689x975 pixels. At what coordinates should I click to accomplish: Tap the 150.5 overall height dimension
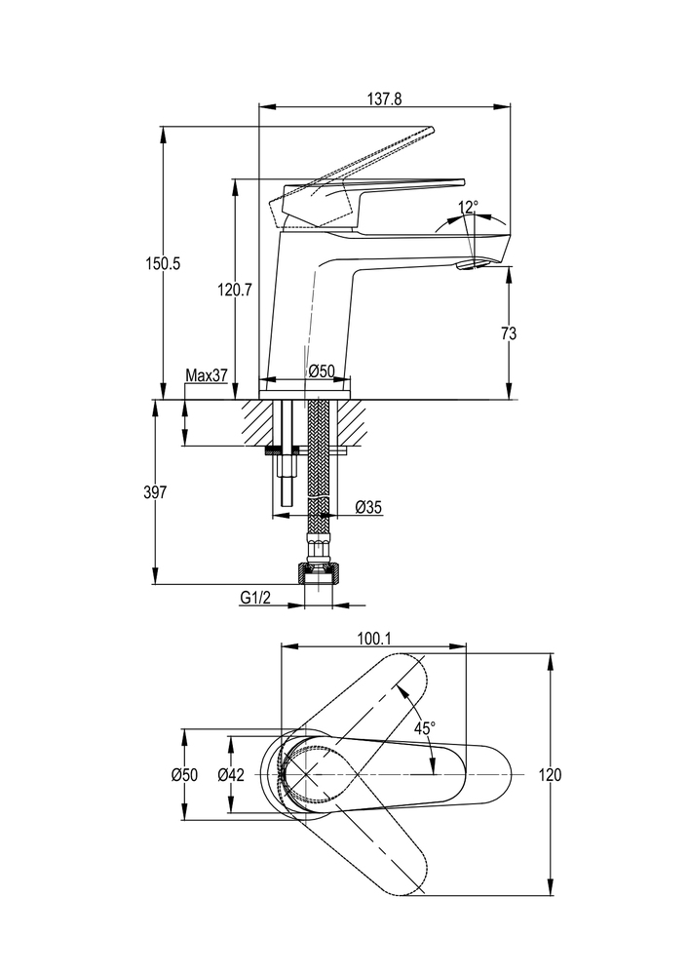coord(163,262)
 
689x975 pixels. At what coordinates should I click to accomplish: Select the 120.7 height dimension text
coord(236,289)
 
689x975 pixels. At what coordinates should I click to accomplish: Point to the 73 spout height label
coord(508,333)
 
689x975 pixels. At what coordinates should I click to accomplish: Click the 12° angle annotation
coord(469,207)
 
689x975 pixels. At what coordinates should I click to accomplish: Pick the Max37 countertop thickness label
coord(206,375)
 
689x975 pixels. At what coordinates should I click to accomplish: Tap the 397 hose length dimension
coord(155,492)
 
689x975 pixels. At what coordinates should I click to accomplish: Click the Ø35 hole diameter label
coord(368,507)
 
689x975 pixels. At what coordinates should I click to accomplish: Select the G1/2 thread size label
coord(256,597)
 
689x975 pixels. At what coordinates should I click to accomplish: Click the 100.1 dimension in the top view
coord(374,639)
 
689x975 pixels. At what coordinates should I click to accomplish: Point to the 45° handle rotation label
coord(425,727)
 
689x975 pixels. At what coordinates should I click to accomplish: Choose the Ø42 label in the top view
coord(231,775)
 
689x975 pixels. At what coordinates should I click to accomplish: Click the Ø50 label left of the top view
coord(184,775)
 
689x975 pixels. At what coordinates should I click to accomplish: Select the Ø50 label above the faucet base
coord(322,371)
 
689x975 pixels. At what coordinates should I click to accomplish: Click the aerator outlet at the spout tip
coord(472,264)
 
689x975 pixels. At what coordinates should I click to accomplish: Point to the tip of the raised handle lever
coord(428,130)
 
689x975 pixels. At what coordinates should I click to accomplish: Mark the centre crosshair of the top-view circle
coord(307,774)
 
